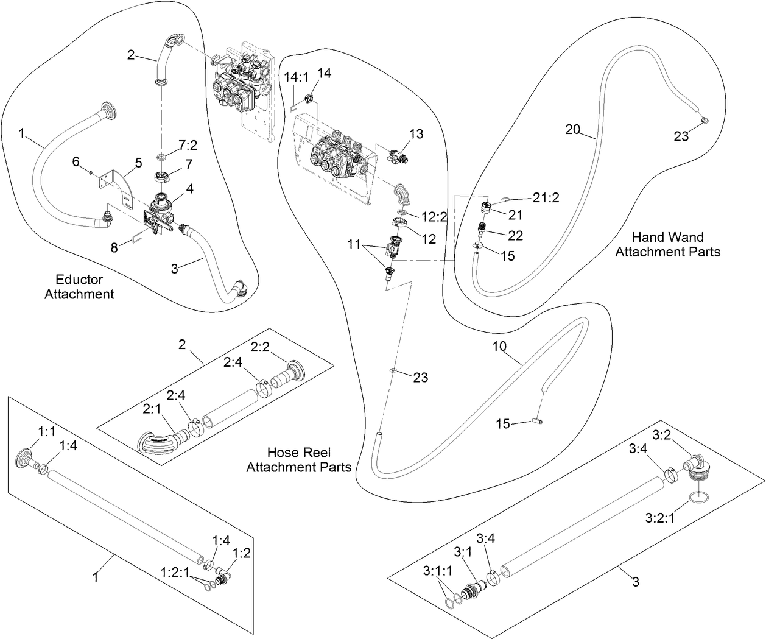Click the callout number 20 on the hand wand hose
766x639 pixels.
click(x=572, y=129)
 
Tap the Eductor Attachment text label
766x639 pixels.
click(x=79, y=287)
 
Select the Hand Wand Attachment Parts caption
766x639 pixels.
click(x=667, y=244)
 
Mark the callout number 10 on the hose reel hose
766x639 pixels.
click(x=499, y=347)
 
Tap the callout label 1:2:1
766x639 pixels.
click(x=175, y=572)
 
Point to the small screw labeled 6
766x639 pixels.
click(x=91, y=172)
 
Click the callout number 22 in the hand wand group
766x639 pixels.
click(x=515, y=235)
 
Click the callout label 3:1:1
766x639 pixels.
click(x=438, y=571)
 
